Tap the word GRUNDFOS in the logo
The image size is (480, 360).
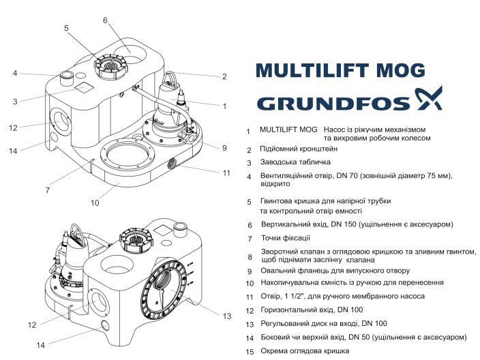point(333,103)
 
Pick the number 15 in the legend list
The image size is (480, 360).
point(249,352)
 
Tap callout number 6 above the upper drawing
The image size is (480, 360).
point(105,20)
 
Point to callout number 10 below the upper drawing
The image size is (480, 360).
point(95,202)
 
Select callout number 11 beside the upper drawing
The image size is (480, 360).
point(226,172)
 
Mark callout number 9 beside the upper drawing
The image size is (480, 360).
point(224,147)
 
